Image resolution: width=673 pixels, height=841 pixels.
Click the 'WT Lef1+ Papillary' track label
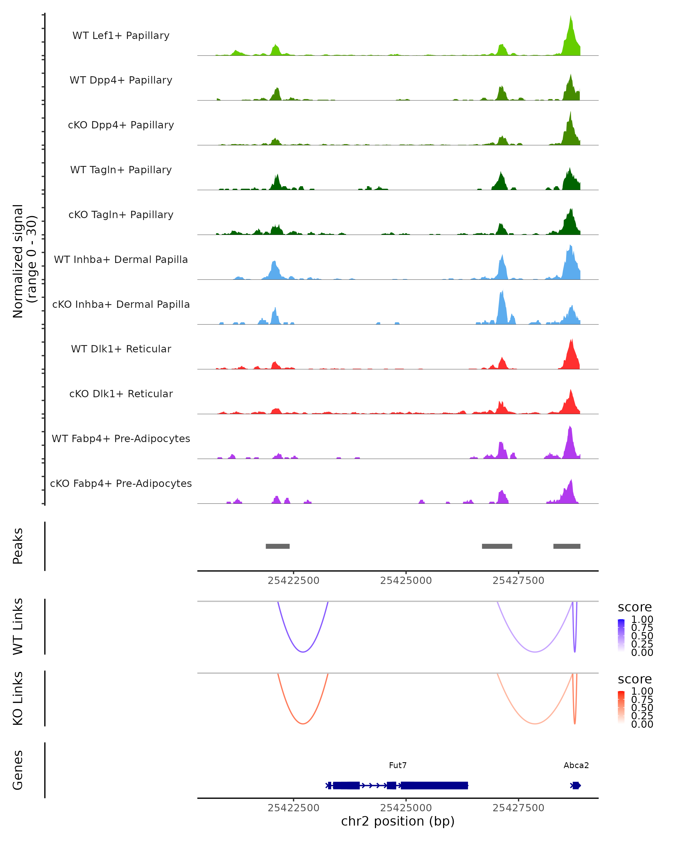(121, 36)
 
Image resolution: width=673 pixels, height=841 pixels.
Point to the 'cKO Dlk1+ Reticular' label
(121, 394)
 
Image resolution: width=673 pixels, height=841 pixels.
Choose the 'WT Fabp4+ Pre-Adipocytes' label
(121, 438)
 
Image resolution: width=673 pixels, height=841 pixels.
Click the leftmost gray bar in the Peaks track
(277, 546)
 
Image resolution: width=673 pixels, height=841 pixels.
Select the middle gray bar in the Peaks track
(497, 546)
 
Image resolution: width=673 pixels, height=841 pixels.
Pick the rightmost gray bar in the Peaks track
(566, 546)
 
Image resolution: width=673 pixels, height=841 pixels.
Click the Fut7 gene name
(398, 765)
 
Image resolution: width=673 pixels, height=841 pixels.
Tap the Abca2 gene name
(576, 765)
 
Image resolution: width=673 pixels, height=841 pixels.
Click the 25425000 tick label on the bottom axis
(406, 808)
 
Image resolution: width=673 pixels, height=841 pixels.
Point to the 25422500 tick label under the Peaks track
(293, 581)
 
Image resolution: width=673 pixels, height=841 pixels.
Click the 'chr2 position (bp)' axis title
(398, 821)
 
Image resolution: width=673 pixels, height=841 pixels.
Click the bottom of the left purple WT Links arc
(303, 652)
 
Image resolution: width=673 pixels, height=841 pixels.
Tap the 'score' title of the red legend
(634, 679)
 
